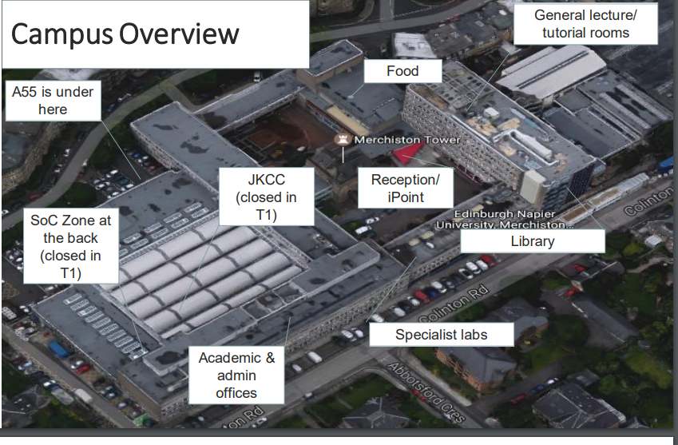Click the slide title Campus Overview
tap(125, 34)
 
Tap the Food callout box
tap(402, 71)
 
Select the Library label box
tap(532, 241)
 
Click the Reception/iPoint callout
tap(405, 188)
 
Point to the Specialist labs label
tap(441, 335)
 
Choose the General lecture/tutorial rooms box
tap(585, 24)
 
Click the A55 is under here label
tap(53, 100)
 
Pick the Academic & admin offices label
tap(236, 375)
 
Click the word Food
tap(402, 71)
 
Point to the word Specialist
tap(426, 335)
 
